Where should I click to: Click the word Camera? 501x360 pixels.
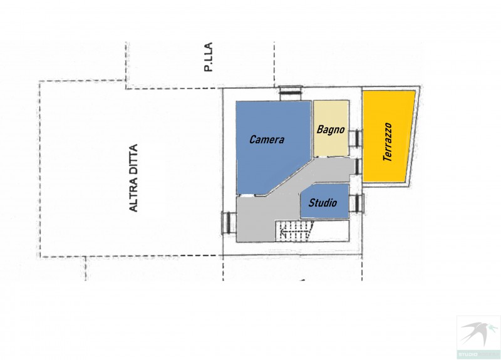(x=267, y=140)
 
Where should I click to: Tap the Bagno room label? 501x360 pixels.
(x=331, y=130)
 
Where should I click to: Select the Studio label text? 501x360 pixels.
(x=323, y=202)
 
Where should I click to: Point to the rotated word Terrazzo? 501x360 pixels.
(x=388, y=142)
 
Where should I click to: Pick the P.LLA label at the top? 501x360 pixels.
(x=209, y=57)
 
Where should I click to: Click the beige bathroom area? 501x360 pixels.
(x=331, y=128)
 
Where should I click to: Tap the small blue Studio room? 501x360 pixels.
(x=324, y=201)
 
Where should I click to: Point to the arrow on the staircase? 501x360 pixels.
(x=283, y=230)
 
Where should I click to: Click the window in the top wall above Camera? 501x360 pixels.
(x=290, y=93)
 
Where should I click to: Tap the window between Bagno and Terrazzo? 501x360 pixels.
(x=355, y=138)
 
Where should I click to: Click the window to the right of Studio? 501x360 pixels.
(x=356, y=202)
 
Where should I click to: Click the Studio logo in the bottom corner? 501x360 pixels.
(x=478, y=337)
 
